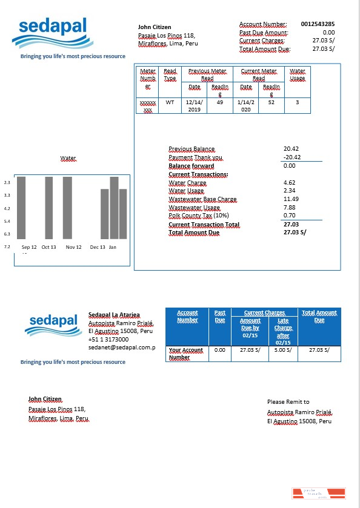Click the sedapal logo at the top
(53, 33)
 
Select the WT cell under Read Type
(170, 102)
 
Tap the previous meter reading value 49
(219, 102)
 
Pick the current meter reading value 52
(272, 102)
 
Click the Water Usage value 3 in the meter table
(297, 102)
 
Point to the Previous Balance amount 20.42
(291, 149)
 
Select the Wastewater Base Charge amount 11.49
(291, 199)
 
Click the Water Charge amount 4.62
(289, 182)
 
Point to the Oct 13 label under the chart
(48, 247)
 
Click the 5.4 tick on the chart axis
(7, 222)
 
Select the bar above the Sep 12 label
(21, 207)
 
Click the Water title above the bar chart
(68, 159)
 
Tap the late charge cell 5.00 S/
(283, 350)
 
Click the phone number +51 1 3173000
(108, 340)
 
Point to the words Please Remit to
(288, 401)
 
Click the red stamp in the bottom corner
(318, 493)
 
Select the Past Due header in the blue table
(219, 316)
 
